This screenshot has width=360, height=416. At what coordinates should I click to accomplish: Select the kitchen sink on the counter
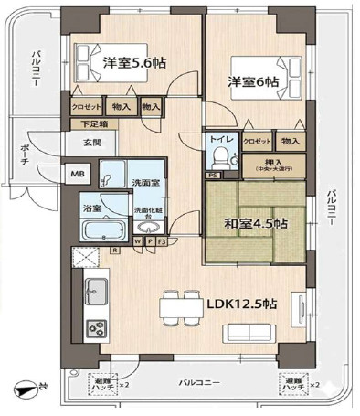click(94, 293)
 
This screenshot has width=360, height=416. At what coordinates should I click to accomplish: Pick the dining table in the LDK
click(182, 304)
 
